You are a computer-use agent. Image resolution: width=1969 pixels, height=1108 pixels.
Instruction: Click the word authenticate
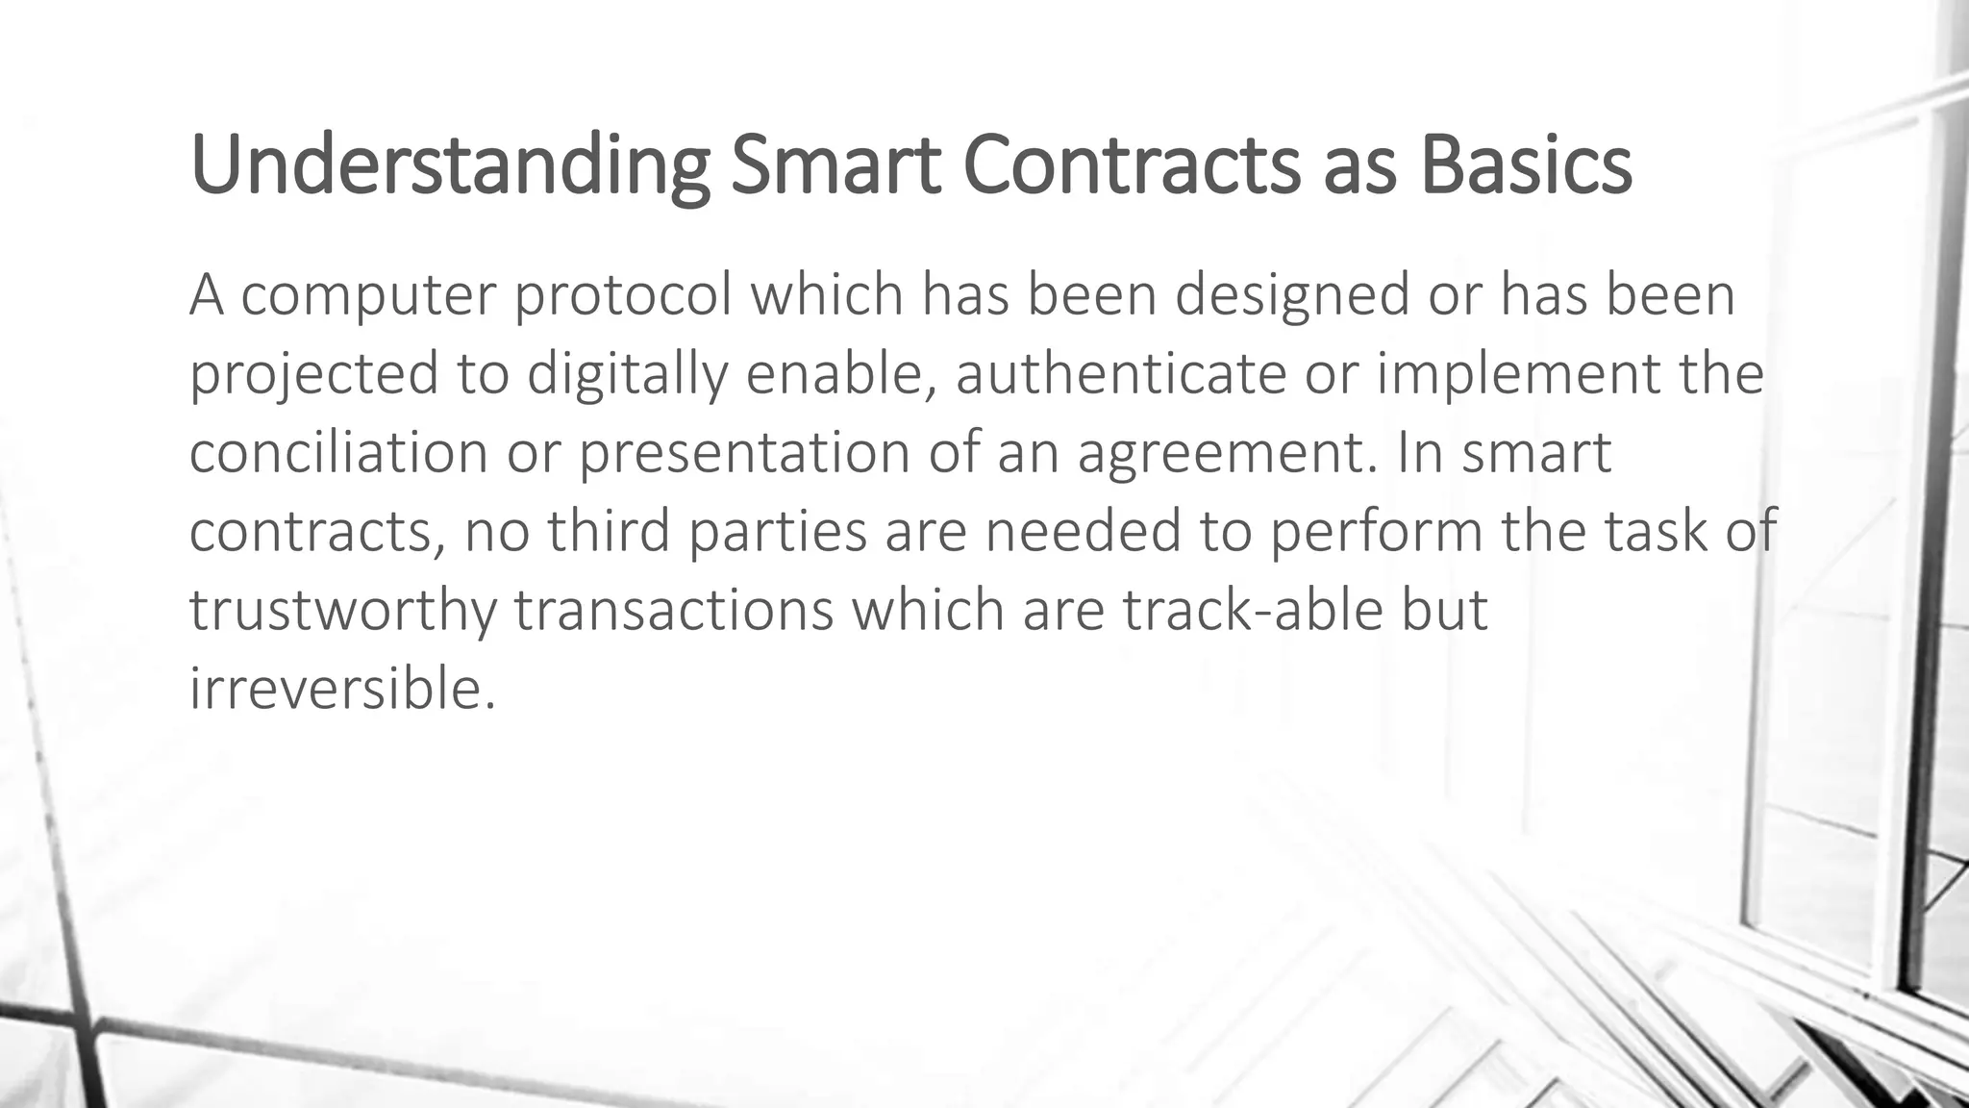[1120, 373]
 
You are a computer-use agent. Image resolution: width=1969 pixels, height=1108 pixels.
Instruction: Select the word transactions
[673, 610]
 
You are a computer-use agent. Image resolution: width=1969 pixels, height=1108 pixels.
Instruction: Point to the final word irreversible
[342, 689]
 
